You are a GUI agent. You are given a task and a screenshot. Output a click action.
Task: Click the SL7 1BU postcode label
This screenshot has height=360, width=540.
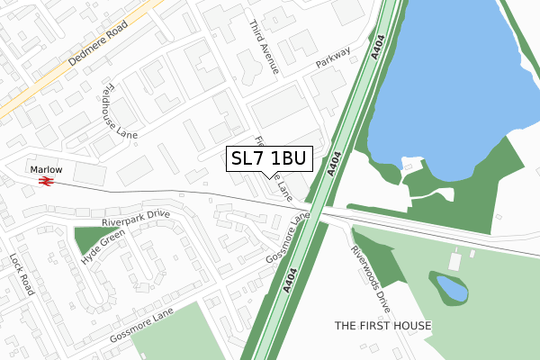tap(269, 158)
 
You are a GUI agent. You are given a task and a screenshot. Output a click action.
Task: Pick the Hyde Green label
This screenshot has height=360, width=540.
tap(103, 246)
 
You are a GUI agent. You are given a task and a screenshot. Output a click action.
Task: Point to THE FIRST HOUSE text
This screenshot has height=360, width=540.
tap(382, 325)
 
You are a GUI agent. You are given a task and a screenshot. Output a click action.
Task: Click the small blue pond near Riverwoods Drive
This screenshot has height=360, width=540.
tap(452, 289)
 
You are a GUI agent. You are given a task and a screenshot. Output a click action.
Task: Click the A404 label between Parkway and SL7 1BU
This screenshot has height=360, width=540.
tap(336, 161)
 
